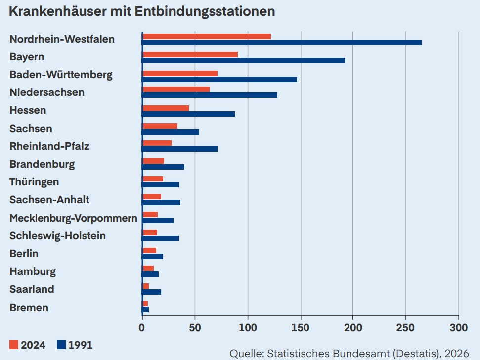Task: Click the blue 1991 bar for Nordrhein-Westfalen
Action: pyautogui.click(x=282, y=43)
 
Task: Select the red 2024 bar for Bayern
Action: pyautogui.click(x=190, y=54)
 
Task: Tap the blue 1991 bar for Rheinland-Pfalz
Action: pyautogui.click(x=180, y=149)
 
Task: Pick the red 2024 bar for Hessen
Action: pyautogui.click(x=166, y=108)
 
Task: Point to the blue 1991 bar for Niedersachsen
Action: pyautogui.click(x=210, y=95)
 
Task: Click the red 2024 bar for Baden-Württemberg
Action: pyautogui.click(x=180, y=73)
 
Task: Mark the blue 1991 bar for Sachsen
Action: pyautogui.click(x=171, y=132)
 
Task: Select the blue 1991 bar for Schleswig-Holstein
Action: pyautogui.click(x=161, y=238)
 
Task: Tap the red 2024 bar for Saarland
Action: pyautogui.click(x=146, y=286)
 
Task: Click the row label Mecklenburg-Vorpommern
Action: pyautogui.click(x=73, y=218)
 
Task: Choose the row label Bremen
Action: pyautogui.click(x=29, y=308)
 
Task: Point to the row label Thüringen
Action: pyautogui.click(x=34, y=182)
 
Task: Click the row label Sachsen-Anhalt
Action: pyautogui.click(x=49, y=200)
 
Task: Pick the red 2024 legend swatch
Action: pyautogui.click(x=13, y=345)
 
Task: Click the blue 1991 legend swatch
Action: pyautogui.click(x=61, y=345)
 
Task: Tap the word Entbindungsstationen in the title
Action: pyautogui.click(x=205, y=11)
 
